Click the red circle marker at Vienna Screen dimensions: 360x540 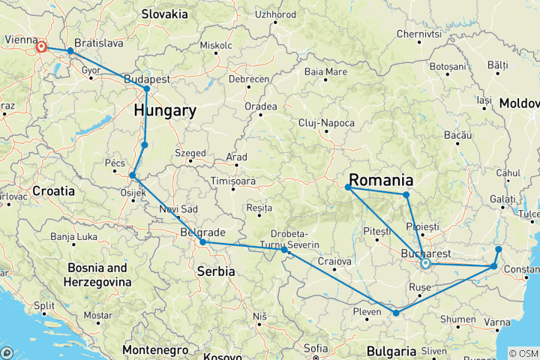(x=41, y=47)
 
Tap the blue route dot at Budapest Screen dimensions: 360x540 (x=147, y=89)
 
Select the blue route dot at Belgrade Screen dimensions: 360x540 (x=202, y=242)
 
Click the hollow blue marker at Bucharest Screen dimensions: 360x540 (x=425, y=263)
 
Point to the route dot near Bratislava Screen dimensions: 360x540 (x=70, y=51)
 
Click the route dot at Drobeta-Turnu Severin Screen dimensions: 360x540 (x=284, y=250)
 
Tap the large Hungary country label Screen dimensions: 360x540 (x=165, y=111)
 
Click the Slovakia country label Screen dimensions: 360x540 (x=164, y=13)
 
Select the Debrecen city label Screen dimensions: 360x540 (x=250, y=79)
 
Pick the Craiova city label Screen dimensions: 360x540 (x=334, y=261)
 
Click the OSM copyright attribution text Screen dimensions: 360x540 (x=523, y=353)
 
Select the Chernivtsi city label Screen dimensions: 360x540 (x=418, y=34)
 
